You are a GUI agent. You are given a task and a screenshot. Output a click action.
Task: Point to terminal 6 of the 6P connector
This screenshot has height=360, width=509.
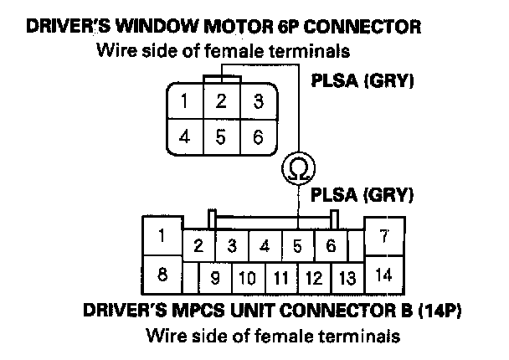(x=259, y=136)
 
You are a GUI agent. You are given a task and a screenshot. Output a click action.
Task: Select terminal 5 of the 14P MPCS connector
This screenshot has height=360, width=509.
(x=297, y=245)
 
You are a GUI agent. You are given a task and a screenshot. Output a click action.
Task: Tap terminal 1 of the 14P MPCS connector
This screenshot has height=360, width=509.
(x=161, y=237)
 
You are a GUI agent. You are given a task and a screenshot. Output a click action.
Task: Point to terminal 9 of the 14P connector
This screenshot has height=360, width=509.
(x=215, y=275)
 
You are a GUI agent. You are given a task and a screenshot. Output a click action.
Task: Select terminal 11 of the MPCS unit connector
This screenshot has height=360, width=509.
(x=281, y=275)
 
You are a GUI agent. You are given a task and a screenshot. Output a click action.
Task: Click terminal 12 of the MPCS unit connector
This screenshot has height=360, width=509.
(x=314, y=275)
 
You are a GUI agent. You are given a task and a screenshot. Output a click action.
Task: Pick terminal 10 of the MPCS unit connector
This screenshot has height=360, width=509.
(x=248, y=275)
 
